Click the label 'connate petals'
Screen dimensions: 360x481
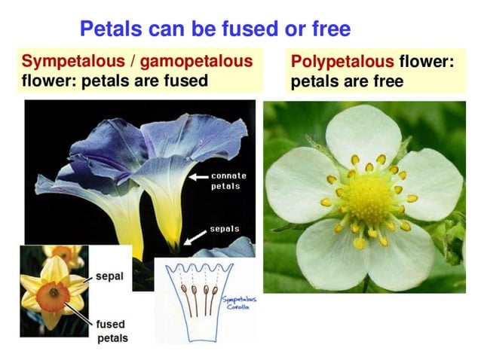click(x=228, y=181)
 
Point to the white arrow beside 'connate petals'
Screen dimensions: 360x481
click(x=198, y=178)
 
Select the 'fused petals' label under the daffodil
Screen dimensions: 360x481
click(x=112, y=331)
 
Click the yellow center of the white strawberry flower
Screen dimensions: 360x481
click(x=369, y=197)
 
